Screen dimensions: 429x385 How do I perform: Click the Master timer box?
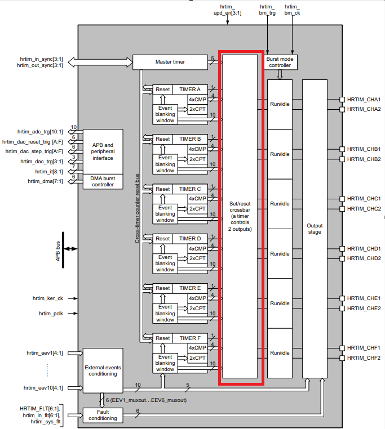(x=170, y=61)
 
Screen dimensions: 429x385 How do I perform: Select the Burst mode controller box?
(x=280, y=62)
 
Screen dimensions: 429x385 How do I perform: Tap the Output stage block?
(x=315, y=229)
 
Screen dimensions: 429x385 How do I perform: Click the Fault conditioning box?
(x=103, y=414)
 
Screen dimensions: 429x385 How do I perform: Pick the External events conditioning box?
(x=103, y=370)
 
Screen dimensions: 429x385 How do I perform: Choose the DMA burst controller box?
(x=103, y=181)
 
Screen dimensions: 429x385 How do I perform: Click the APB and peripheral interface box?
(x=103, y=151)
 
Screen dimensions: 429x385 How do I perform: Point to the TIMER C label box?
(x=190, y=189)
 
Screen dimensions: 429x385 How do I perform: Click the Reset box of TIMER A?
(x=163, y=90)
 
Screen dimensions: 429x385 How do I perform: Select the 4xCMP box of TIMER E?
(x=197, y=298)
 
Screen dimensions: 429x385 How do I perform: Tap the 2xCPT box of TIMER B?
(x=197, y=159)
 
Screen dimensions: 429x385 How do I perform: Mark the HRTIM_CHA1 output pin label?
(x=364, y=99)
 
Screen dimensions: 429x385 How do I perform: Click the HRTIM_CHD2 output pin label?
(x=364, y=258)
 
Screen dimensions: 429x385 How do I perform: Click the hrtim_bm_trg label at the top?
(x=267, y=8)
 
